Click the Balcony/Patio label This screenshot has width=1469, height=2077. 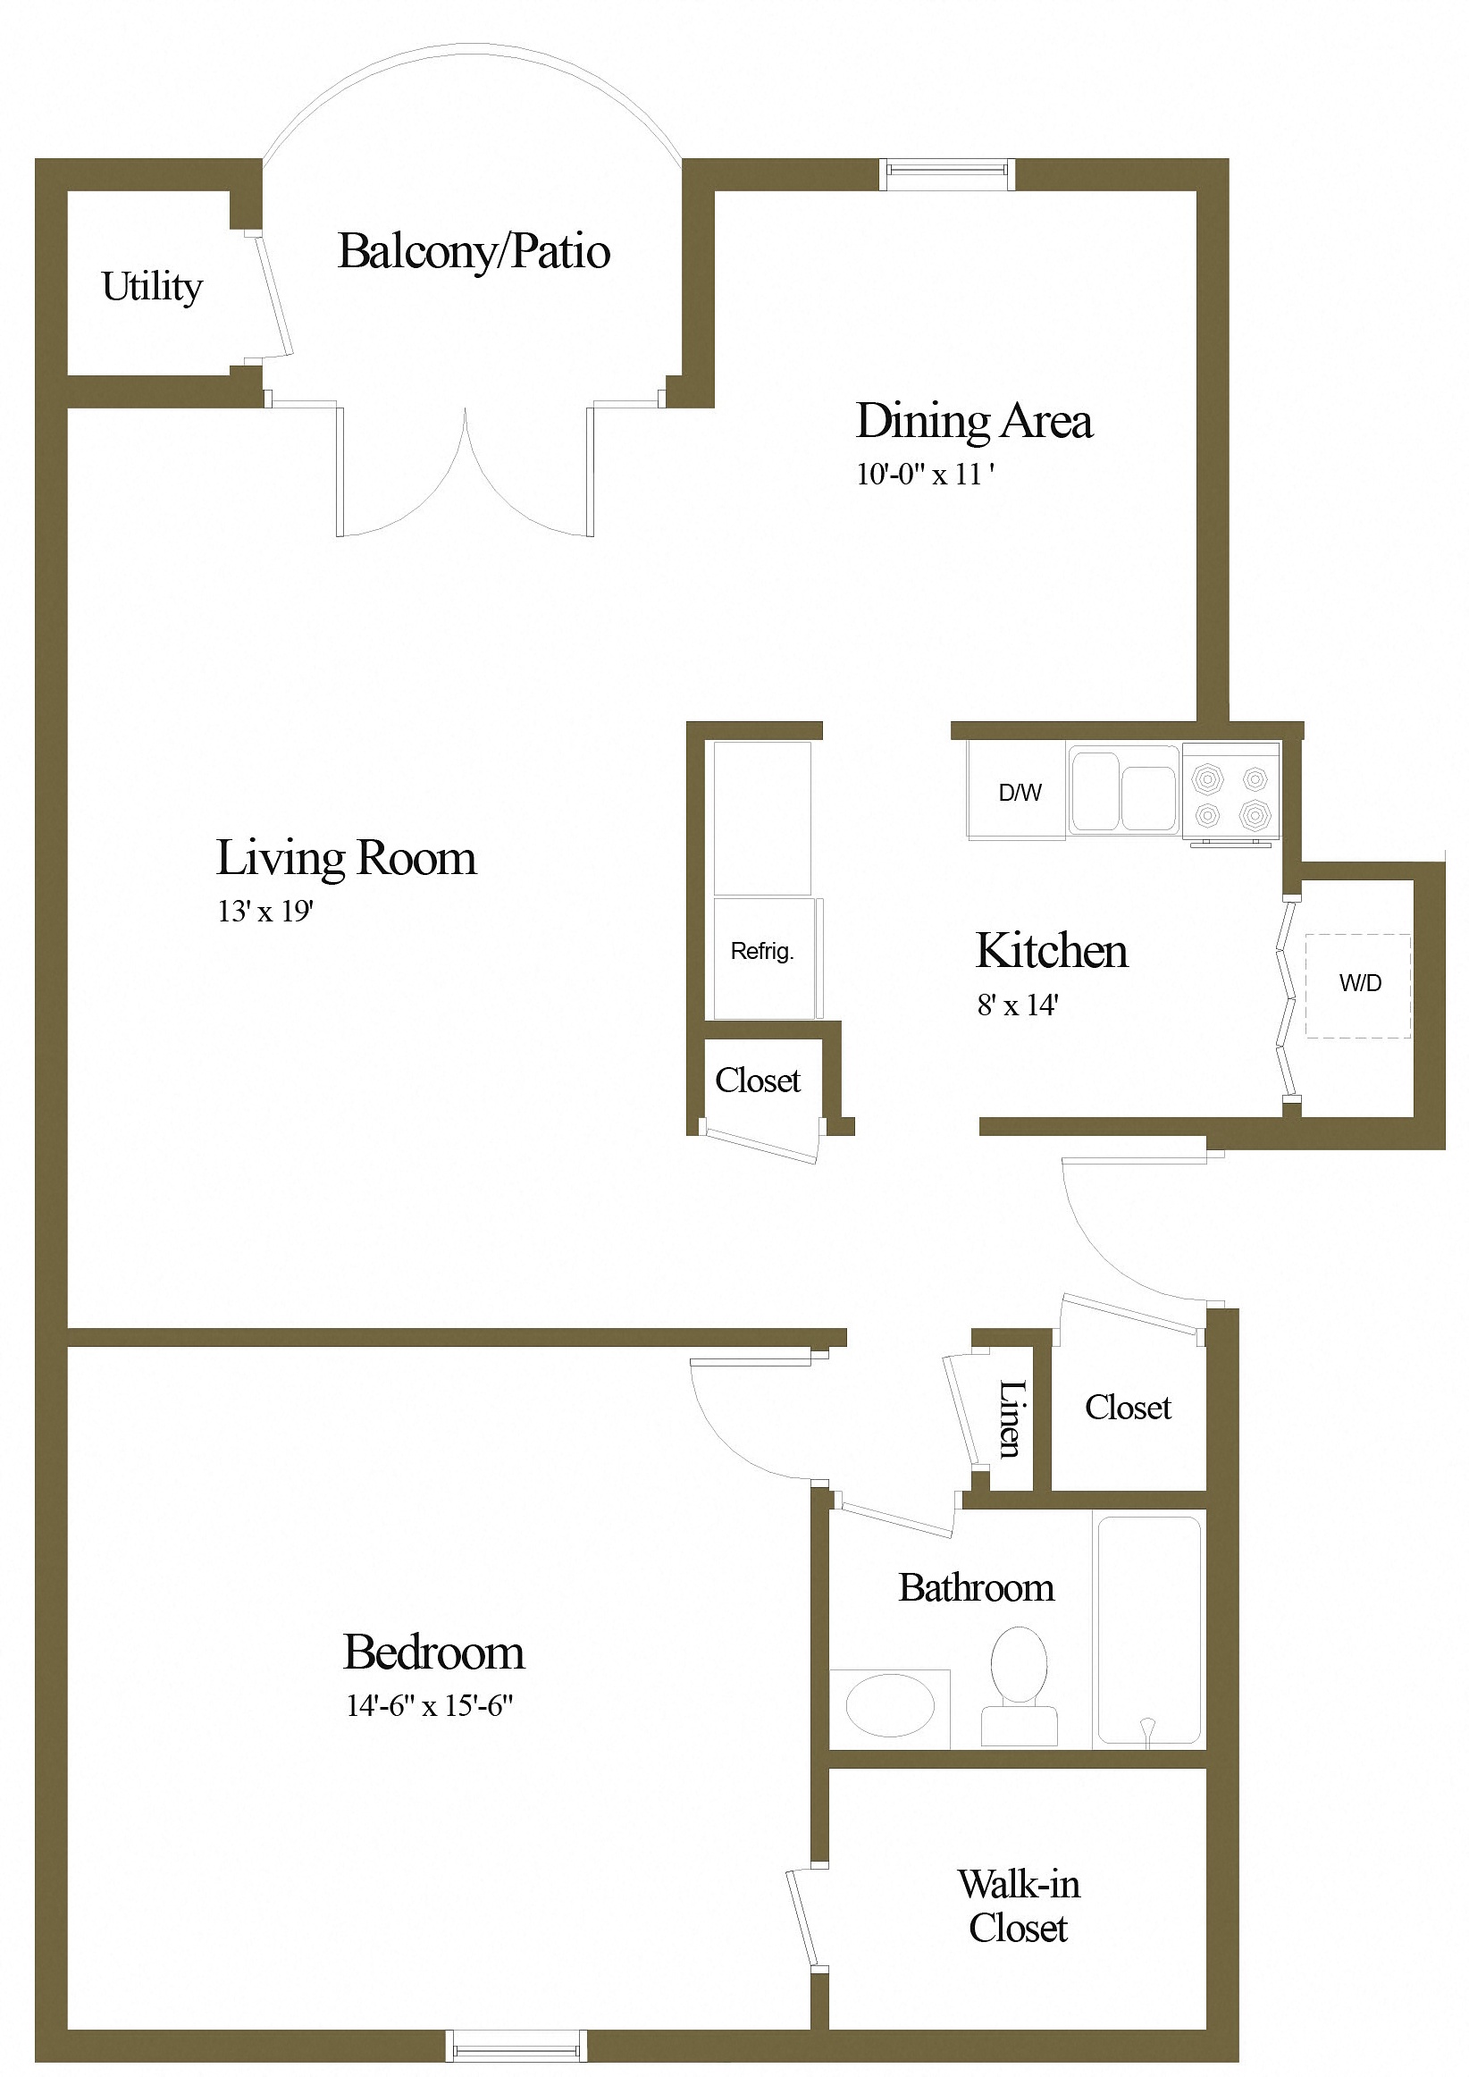tap(473, 251)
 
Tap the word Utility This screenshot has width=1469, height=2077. tap(152, 287)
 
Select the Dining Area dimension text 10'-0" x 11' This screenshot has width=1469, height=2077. tap(926, 474)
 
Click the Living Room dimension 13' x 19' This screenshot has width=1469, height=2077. tap(265, 911)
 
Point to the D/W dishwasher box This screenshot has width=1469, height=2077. tap(1018, 792)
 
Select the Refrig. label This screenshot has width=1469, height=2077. tap(761, 951)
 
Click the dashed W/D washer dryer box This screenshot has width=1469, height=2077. tap(1357, 985)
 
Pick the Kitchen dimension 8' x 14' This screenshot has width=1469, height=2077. tap(1018, 1005)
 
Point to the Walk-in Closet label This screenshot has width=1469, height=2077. tap(1019, 1906)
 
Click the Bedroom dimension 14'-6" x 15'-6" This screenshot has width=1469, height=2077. tap(430, 1706)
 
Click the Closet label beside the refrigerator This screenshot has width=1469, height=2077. tap(758, 1081)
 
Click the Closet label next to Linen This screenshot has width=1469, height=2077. tap(1128, 1408)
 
